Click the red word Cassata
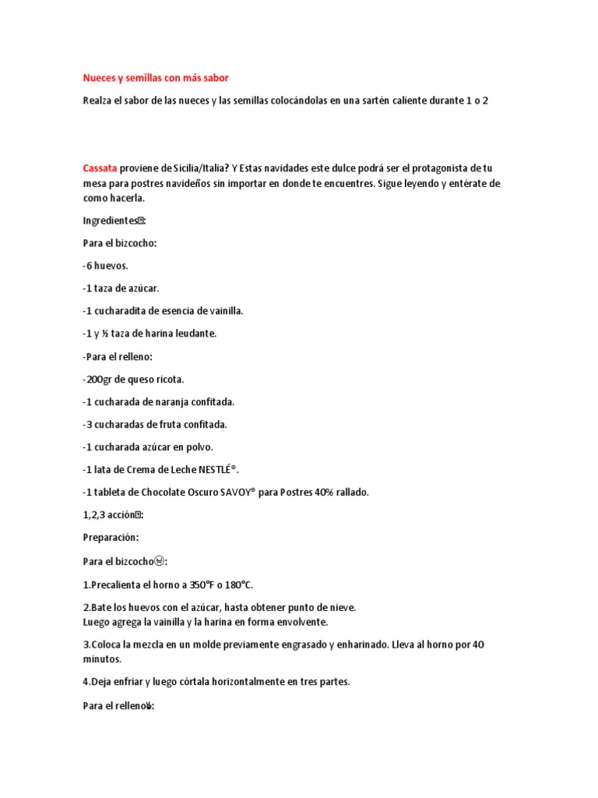pos(100,168)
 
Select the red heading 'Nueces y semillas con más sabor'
pos(156,78)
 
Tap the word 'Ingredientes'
pos(111,221)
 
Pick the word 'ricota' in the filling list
pos(168,380)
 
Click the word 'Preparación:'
pos(111,538)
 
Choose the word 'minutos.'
pos(102,659)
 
